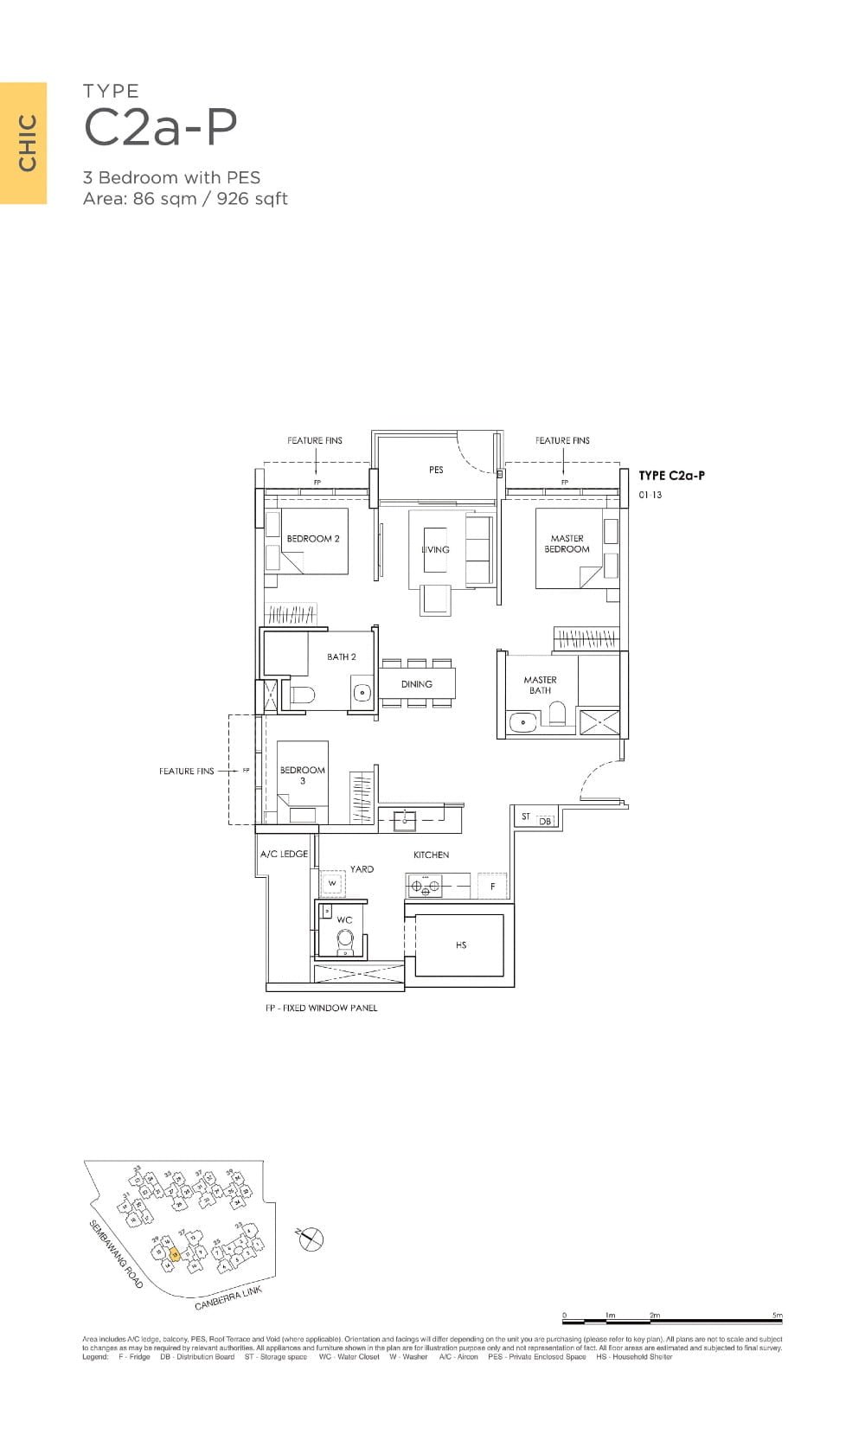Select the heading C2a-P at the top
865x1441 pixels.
coord(160,127)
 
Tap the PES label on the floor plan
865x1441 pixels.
coord(436,470)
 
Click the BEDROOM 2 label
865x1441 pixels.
coord(313,539)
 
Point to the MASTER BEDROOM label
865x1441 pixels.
coord(567,543)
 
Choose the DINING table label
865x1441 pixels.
coord(416,684)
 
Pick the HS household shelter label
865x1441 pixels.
coord(461,945)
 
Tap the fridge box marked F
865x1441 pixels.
coord(493,887)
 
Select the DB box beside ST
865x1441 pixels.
coord(546,821)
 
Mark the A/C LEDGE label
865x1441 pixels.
coord(284,854)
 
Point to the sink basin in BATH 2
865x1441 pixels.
coord(362,692)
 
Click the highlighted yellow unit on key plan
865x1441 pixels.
coord(175,1255)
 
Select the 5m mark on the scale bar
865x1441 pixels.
coord(778,1316)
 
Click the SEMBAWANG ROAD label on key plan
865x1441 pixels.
coord(116,1254)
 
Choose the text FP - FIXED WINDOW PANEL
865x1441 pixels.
coord(321,1008)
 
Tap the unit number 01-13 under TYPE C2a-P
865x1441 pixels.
coord(650,495)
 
